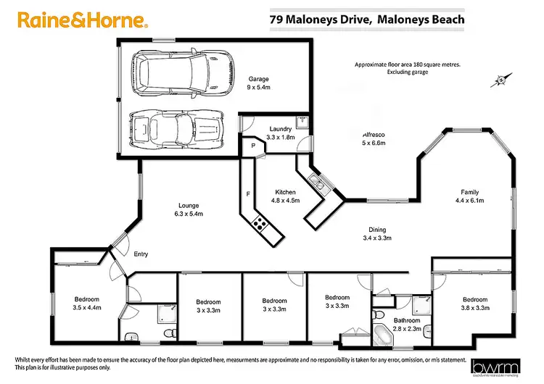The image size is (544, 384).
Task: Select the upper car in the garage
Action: (178, 72)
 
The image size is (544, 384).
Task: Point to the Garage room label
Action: (260, 83)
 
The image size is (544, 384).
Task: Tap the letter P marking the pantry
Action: (252, 146)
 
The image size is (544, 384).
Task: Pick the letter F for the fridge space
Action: (248, 194)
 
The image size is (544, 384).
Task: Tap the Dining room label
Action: (376, 228)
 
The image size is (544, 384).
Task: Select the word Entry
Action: (141, 254)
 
